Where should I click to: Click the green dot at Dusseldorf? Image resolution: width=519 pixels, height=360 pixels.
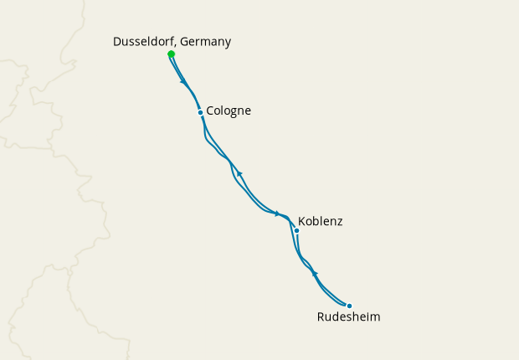pos(171,54)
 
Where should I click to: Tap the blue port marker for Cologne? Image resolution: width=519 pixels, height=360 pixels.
pos(200,112)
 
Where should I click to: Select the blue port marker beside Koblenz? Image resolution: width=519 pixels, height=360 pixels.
pos(296,230)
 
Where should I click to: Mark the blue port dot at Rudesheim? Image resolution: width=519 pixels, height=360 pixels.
pos(349,306)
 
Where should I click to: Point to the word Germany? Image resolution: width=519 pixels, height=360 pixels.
pos(206,41)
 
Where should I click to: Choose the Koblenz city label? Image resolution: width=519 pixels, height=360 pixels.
pos(321,222)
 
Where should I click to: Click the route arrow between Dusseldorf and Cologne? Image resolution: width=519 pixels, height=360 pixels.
pos(183,81)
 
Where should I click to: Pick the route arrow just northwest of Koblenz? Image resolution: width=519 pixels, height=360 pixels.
pos(277,213)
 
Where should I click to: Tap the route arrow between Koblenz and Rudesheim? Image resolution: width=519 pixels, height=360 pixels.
pos(315,274)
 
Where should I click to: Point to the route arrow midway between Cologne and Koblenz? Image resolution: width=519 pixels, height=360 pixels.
pos(239,173)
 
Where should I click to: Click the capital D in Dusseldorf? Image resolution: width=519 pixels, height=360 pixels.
pos(117,41)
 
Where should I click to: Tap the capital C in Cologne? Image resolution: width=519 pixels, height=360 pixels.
pos(211,111)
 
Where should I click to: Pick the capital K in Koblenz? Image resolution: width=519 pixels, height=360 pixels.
pos(302,222)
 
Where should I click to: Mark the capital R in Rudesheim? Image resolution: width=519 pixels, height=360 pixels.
pos(321,317)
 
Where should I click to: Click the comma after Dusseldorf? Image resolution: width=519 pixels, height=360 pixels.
pos(176,44)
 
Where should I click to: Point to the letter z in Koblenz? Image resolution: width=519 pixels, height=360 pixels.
pos(339,223)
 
